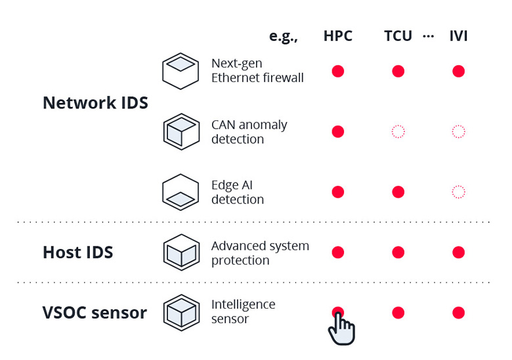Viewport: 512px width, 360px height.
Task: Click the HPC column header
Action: point(337,36)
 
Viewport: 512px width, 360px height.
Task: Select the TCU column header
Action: point(398,36)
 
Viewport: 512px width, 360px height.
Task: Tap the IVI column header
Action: point(458,36)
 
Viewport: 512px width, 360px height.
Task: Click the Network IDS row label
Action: point(95,103)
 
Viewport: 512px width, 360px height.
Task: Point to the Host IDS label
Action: point(77,252)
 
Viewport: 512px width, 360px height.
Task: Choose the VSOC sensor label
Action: point(95,313)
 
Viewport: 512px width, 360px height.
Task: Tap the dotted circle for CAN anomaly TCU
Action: point(398,131)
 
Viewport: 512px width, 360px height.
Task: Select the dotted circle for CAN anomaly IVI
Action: point(458,131)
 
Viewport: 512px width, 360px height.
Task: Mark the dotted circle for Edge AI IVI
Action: point(458,192)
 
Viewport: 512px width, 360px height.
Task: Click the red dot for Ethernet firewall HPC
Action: point(337,71)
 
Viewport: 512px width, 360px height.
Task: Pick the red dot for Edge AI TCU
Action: point(398,192)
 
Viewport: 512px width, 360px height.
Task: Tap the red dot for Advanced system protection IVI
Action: point(458,252)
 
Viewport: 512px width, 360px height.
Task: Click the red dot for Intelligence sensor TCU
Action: point(398,313)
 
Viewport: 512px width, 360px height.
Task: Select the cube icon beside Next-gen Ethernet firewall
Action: point(181,71)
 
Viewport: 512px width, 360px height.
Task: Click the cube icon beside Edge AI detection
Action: point(181,192)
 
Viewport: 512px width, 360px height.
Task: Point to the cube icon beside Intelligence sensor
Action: point(181,312)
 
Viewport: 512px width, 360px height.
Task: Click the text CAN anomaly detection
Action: point(249,132)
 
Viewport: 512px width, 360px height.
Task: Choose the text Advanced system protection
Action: point(260,253)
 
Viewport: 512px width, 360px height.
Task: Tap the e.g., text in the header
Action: point(284,36)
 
